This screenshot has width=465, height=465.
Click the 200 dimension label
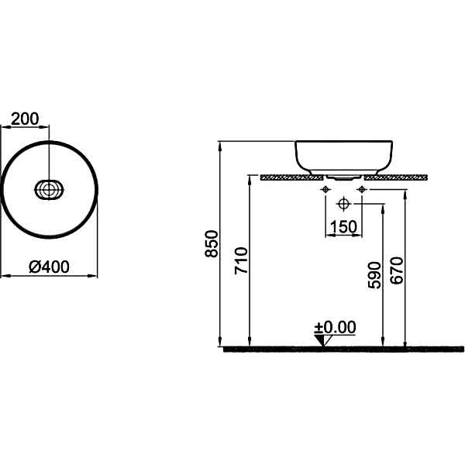click(25, 119)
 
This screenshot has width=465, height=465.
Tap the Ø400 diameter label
click(50, 267)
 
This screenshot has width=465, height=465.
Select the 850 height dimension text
click(212, 243)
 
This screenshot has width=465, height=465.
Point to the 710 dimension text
click(241, 260)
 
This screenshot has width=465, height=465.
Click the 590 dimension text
click(374, 275)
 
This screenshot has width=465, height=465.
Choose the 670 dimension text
click(397, 270)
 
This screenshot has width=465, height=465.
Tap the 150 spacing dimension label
click(343, 227)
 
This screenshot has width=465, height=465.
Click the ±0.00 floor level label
click(336, 327)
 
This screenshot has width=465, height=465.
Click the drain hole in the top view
click(49, 190)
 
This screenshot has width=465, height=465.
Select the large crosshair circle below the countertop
click(343, 204)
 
